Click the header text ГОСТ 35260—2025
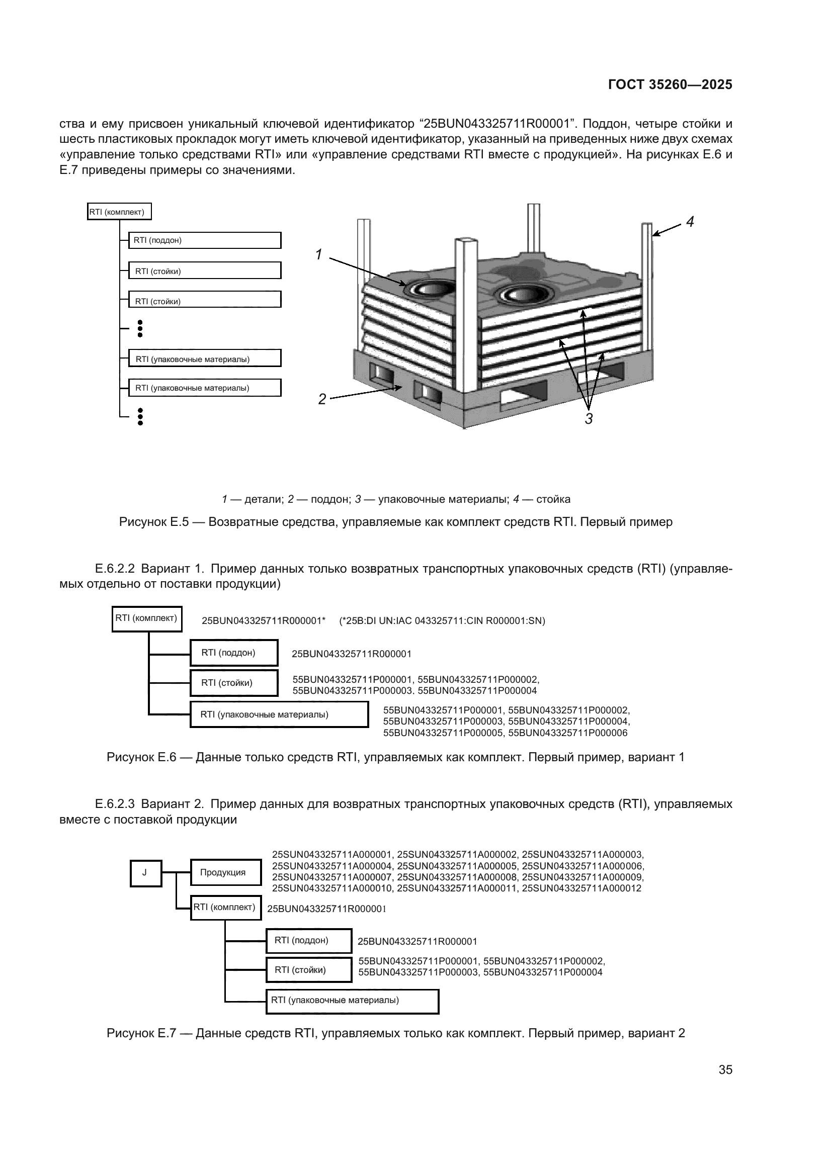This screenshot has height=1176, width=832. tap(670, 84)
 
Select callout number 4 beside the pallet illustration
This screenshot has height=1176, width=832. tap(690, 222)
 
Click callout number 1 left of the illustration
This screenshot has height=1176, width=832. tap(318, 254)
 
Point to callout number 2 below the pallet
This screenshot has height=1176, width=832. tap(322, 399)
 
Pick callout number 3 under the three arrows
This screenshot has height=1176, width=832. tap(589, 419)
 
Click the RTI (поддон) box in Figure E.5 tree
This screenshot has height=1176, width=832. tap(204, 240)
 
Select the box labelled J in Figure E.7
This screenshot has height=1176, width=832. tap(145, 873)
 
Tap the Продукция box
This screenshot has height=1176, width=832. tap(225, 872)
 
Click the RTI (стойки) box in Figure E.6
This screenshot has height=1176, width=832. tap(233, 683)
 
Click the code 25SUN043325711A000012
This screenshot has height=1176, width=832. tap(581, 888)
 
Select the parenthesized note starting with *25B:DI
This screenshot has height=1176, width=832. tap(442, 621)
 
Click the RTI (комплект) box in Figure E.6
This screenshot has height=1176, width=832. tap(146, 618)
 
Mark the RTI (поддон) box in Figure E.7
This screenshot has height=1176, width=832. tap(309, 940)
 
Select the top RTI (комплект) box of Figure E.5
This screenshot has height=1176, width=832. tap(119, 212)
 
